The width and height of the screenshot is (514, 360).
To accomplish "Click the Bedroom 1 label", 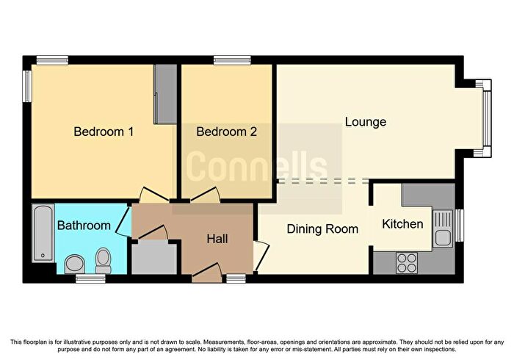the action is click(x=104, y=132).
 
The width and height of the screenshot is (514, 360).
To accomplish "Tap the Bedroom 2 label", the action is click(x=226, y=132).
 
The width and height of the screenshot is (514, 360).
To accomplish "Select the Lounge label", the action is click(x=366, y=122).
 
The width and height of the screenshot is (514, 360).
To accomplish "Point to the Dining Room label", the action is click(x=322, y=228).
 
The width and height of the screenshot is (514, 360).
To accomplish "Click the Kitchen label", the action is click(x=402, y=224).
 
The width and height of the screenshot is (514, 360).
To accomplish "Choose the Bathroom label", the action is click(x=84, y=226).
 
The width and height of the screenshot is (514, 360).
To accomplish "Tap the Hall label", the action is click(x=217, y=239).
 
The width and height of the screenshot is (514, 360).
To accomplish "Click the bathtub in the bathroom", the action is click(x=43, y=233).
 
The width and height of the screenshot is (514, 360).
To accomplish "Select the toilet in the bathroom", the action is click(x=104, y=260).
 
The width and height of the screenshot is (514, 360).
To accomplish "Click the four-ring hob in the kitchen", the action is click(x=407, y=263).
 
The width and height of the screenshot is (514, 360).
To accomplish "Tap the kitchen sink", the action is click(x=443, y=228).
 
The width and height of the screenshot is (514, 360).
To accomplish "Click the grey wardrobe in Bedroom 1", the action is click(x=165, y=94).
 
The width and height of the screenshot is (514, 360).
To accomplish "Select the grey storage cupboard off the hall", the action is click(x=154, y=257).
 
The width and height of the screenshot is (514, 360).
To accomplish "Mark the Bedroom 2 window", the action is click(x=232, y=60).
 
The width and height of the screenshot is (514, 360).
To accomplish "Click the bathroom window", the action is click(x=91, y=278).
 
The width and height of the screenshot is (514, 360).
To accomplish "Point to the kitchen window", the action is click(x=460, y=226).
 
